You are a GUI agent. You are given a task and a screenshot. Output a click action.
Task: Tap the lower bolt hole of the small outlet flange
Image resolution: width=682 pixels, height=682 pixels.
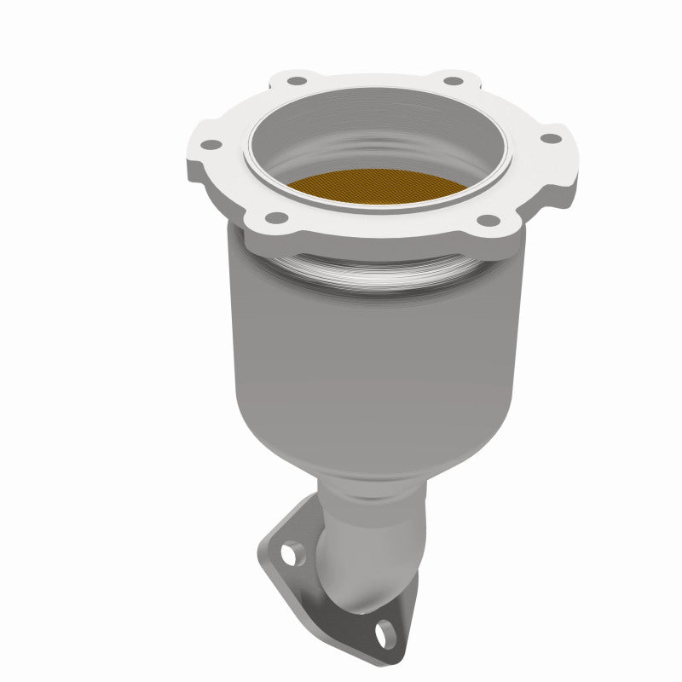pyautogui.click(x=385, y=631)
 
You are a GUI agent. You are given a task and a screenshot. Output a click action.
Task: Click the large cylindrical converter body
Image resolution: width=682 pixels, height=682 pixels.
pyautogui.click(x=375, y=341)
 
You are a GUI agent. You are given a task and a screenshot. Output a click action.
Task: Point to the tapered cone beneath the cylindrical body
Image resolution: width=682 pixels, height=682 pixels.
pyautogui.click(x=367, y=443)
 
